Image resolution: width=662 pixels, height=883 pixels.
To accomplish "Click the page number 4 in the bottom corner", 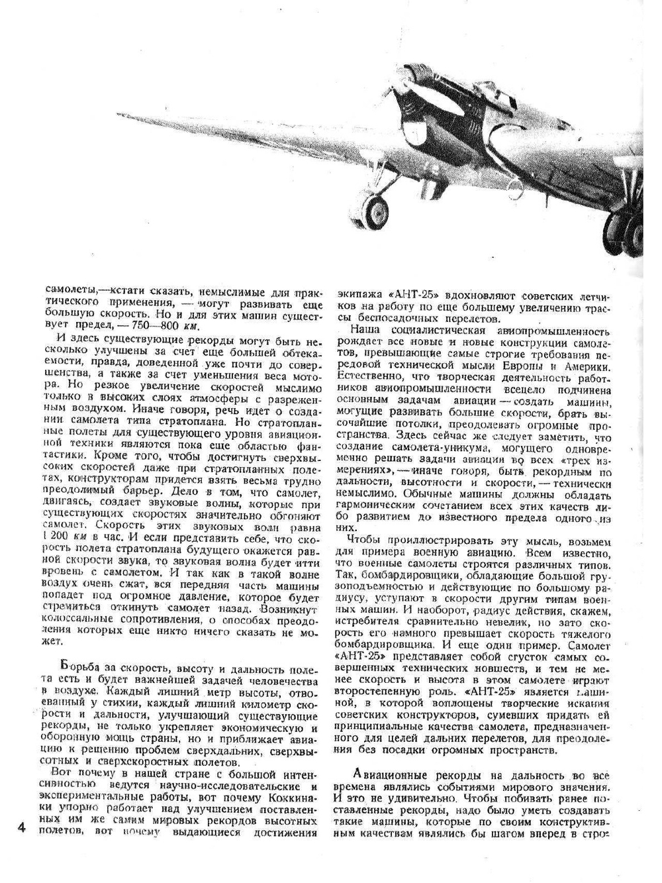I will click(x=21, y=827).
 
